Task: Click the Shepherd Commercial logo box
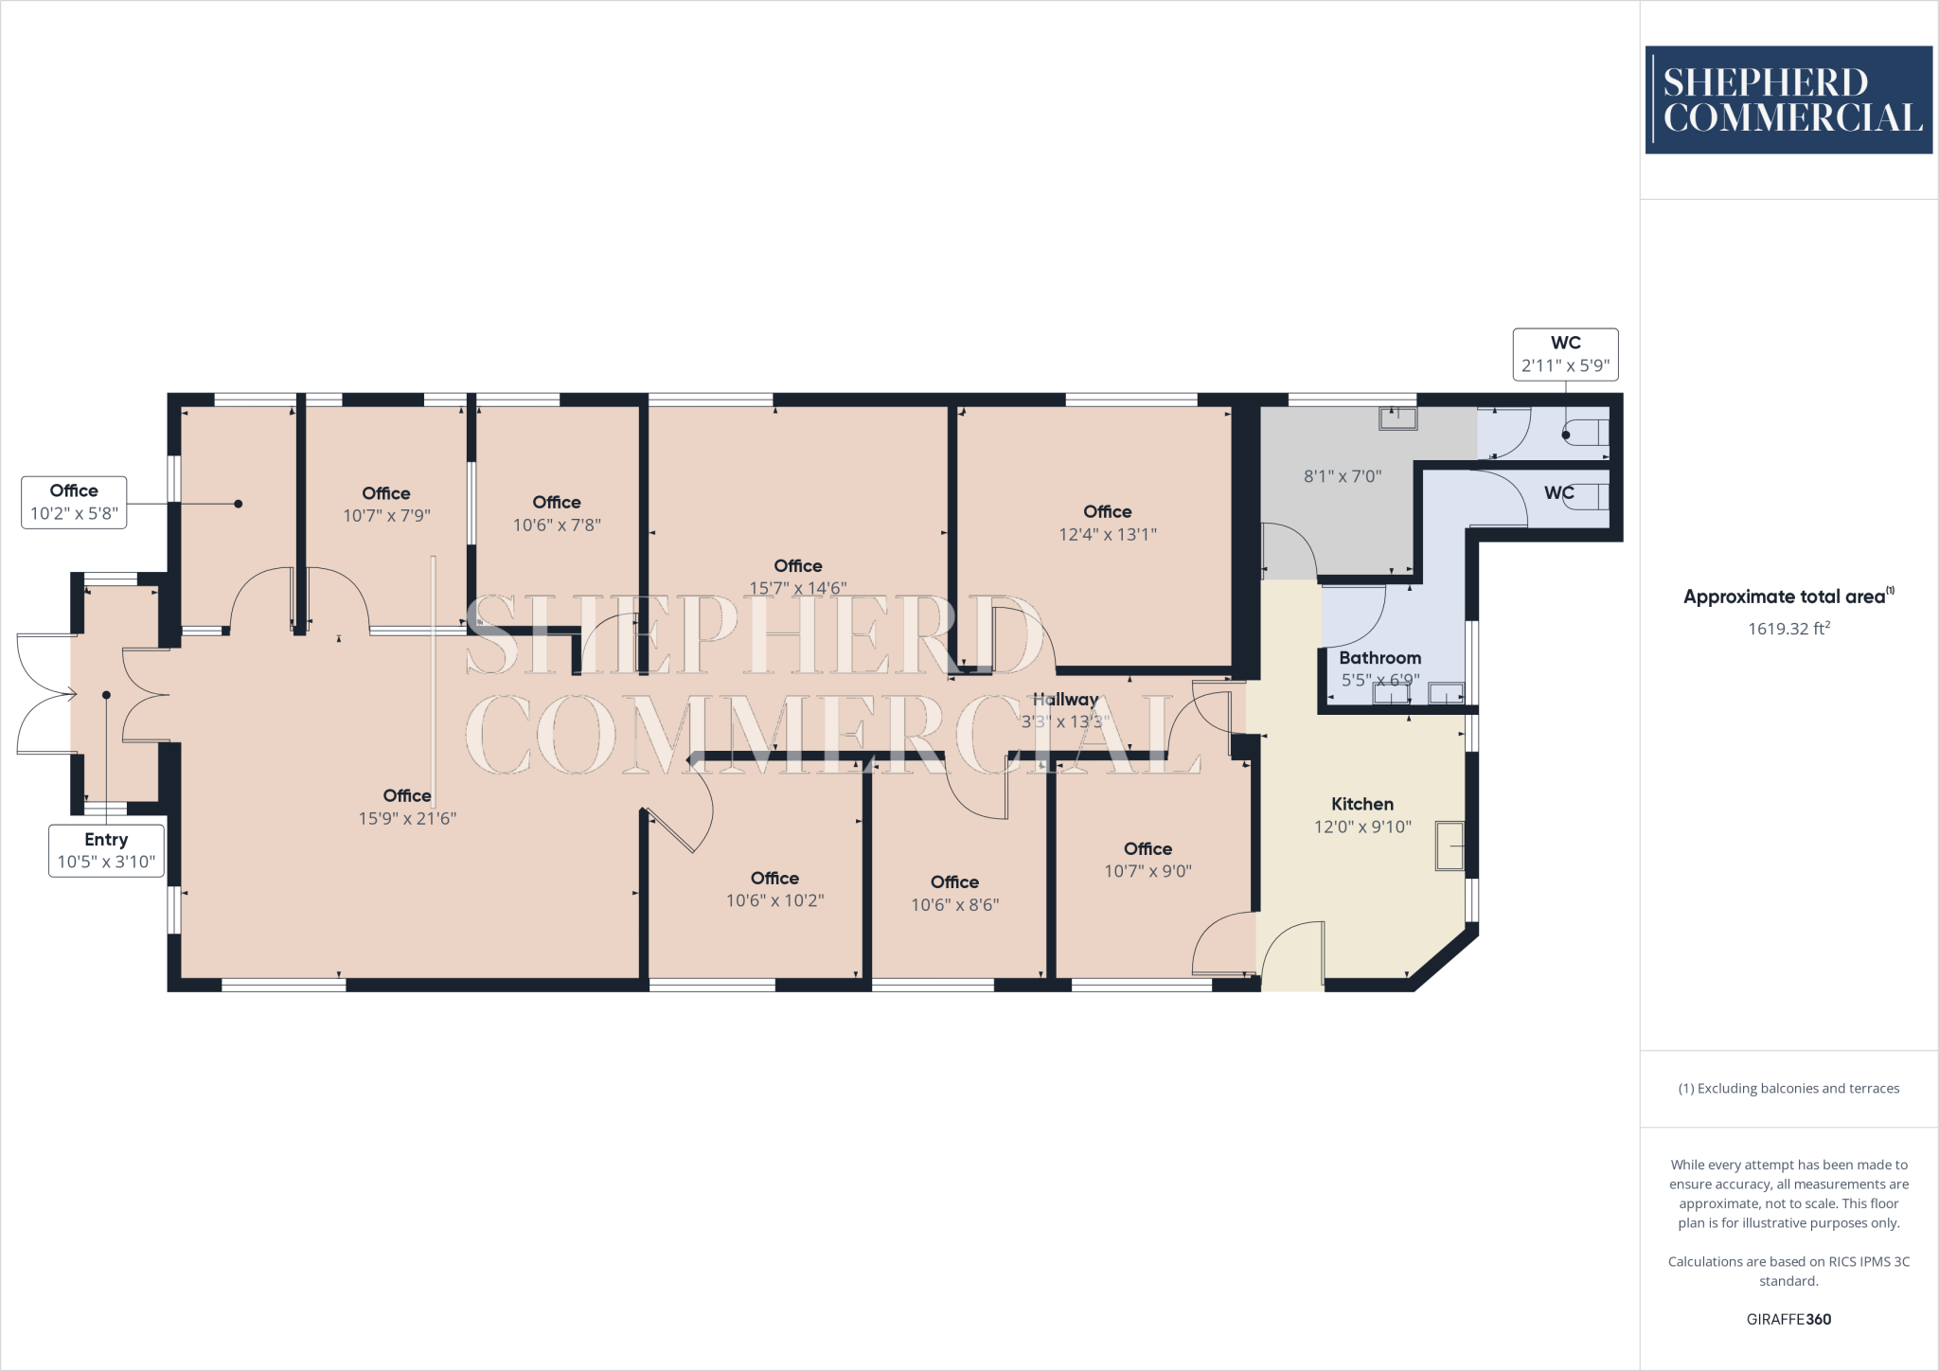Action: click(1788, 99)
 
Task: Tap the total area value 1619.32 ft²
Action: click(1788, 629)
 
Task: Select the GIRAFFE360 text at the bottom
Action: click(1788, 1319)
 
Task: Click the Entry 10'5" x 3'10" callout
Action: click(106, 850)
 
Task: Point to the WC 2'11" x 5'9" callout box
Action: click(1565, 354)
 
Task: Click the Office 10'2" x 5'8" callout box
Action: click(74, 502)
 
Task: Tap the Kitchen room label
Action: click(1361, 804)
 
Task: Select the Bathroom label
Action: click(1379, 658)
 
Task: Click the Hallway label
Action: click(1065, 700)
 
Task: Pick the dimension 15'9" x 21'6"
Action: click(407, 818)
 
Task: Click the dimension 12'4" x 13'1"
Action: click(1107, 534)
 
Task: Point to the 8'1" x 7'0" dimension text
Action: click(1342, 476)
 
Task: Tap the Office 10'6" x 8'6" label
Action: click(954, 893)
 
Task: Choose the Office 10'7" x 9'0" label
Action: click(1147, 860)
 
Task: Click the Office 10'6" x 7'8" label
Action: click(557, 513)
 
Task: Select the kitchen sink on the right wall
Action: click(1450, 845)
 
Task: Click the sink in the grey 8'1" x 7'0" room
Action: click(1397, 418)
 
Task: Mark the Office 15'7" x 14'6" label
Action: click(797, 577)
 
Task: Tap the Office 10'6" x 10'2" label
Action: click(774, 889)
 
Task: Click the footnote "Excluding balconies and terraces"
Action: click(1788, 1088)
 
